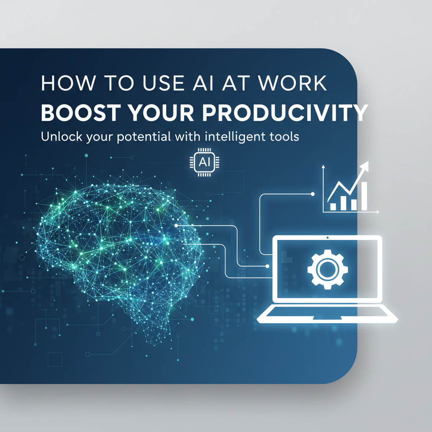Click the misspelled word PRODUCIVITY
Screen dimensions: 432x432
[x=289, y=113]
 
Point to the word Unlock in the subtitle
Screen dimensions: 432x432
[x=59, y=138]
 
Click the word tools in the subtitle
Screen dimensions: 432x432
[x=284, y=137]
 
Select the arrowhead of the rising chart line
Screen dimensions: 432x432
[x=364, y=167]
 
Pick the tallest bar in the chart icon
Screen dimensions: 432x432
[x=364, y=196]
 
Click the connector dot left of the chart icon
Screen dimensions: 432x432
[x=312, y=194]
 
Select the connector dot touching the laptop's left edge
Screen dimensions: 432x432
[x=268, y=266]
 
